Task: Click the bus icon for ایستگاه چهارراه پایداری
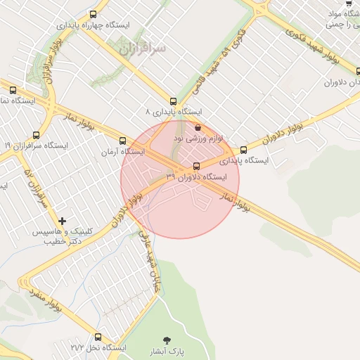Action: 94,14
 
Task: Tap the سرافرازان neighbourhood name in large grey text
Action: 142,49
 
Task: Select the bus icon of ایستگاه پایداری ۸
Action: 174,101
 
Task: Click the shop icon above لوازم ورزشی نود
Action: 197,128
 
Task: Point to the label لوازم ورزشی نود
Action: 198,139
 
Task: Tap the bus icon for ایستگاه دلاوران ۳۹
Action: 195,166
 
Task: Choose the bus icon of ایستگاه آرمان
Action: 124,141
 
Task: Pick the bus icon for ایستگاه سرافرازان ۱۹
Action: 37,135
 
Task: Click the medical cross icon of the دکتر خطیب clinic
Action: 63,221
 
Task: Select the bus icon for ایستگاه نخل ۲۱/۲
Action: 98,337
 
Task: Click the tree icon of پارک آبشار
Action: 167,340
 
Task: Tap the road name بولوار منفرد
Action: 46,301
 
